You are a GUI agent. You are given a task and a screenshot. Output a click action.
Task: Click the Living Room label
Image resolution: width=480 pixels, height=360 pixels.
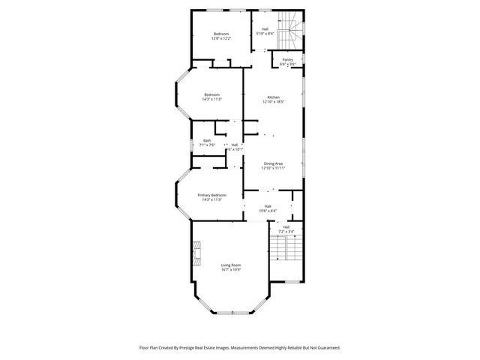[230, 264]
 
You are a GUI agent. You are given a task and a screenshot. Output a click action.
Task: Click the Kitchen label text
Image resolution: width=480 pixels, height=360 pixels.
[273, 97]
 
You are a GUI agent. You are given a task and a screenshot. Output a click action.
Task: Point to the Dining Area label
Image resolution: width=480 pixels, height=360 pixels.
[273, 163]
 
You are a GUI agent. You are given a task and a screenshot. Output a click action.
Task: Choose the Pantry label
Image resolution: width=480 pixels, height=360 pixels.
[287, 59]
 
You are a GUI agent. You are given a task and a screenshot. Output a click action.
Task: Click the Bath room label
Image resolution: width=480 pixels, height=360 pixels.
[206, 140]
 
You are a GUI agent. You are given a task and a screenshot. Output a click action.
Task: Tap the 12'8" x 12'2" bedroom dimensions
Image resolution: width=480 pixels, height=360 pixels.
[221, 38]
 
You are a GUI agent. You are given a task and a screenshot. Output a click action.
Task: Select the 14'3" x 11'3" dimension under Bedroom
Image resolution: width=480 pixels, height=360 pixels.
[211, 99]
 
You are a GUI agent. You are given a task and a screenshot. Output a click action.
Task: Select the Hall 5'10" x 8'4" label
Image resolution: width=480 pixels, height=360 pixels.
[265, 31]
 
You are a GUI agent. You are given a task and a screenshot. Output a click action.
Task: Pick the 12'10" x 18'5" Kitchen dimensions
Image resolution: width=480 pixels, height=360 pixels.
[273, 102]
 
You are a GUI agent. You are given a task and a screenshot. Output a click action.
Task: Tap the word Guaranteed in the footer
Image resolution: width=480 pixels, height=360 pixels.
[325, 347]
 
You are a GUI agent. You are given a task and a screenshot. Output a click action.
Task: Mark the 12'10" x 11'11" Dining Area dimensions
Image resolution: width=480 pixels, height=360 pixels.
[273, 168]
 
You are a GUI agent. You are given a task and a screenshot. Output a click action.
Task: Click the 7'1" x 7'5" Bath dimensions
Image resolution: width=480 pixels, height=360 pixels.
[206, 145]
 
